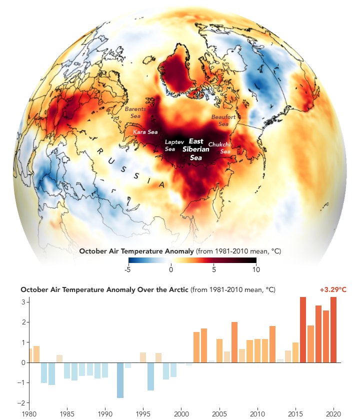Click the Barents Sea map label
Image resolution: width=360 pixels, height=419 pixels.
coord(135,112)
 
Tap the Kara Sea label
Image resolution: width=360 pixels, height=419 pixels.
coord(145,132)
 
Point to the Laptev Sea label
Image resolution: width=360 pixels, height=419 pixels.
coord(170,145)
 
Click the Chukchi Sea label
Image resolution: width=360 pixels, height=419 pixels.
coord(219,147)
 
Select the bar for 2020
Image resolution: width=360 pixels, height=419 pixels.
coord(333,329)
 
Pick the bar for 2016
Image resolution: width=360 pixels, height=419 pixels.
coord(303,329)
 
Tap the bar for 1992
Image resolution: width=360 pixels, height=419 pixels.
coord(120,380)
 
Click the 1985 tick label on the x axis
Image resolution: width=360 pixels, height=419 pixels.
coord(67,414)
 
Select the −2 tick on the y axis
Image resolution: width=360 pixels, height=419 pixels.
coord(22,403)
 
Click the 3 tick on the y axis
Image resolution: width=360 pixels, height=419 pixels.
coord(23,302)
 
